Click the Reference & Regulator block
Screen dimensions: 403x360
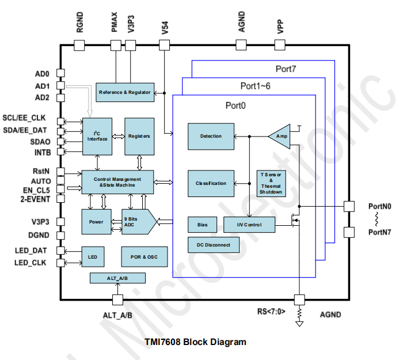[x=125, y=92]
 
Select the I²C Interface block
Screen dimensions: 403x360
[x=97, y=137]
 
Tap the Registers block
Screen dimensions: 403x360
[x=139, y=137]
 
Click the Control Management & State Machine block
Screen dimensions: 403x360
[x=117, y=182]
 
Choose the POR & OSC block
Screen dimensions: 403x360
[x=144, y=257]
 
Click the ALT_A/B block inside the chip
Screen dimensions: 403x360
[x=117, y=278]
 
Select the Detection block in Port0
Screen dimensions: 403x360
[x=211, y=137]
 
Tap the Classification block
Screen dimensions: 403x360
[x=211, y=183]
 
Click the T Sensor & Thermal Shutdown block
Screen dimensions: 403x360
[x=271, y=183]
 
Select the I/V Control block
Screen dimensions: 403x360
[x=249, y=225]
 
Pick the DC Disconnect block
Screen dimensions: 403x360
[x=214, y=245]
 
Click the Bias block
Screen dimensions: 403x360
[x=202, y=225]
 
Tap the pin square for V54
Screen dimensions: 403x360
[x=164, y=46]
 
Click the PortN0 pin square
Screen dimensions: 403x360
[x=349, y=206]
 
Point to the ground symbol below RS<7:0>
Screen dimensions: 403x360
[x=299, y=324]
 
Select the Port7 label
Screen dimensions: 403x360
[x=286, y=69]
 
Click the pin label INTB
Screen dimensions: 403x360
[x=43, y=153]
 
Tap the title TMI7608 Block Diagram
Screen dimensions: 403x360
[x=195, y=342]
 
